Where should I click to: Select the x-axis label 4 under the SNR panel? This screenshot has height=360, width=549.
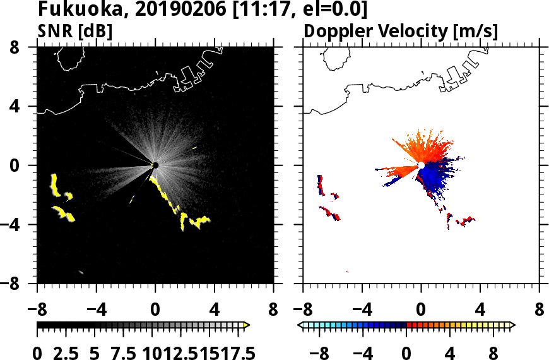point(214,311)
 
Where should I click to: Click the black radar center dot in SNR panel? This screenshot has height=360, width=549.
point(155,165)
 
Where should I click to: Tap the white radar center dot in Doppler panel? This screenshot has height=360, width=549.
point(421,165)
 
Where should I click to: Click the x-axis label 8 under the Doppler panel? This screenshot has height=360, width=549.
point(540,311)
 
